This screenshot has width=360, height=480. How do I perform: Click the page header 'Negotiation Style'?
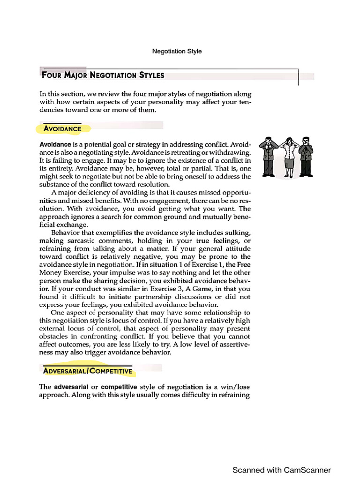pos(177,51)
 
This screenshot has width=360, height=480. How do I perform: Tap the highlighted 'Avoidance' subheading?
pos(62,128)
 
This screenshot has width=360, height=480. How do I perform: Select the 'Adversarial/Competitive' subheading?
pos(88,371)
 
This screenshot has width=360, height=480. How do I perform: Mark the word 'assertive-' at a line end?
pos(234,345)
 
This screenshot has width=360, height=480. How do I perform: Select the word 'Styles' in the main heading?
pos(148,75)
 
